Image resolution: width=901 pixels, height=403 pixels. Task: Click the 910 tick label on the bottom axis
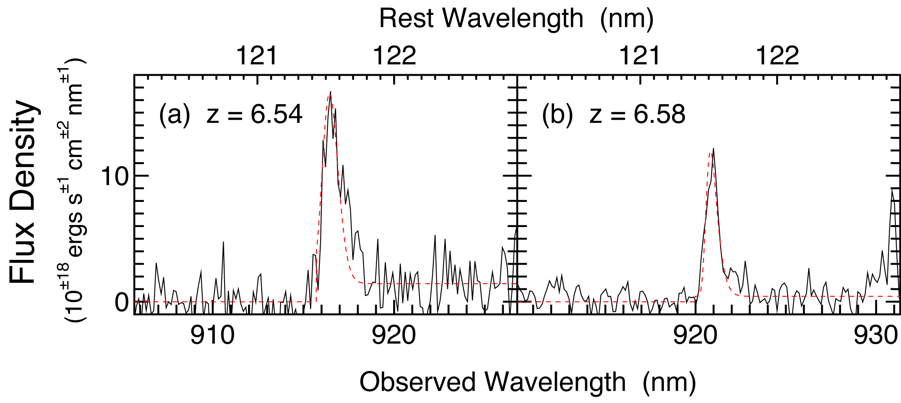(212, 336)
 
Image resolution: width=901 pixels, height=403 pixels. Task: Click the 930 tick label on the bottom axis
(875, 336)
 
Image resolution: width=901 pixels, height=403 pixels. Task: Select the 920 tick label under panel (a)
(394, 336)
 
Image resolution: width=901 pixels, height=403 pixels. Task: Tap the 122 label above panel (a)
(394, 56)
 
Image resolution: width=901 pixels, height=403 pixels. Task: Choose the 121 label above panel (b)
(639, 56)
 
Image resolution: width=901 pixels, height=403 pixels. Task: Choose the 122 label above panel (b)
(777, 56)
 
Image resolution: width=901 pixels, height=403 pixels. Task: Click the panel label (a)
(174, 115)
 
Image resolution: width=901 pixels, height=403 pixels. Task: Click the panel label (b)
(557, 115)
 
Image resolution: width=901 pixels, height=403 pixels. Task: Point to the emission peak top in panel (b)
(713, 149)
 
